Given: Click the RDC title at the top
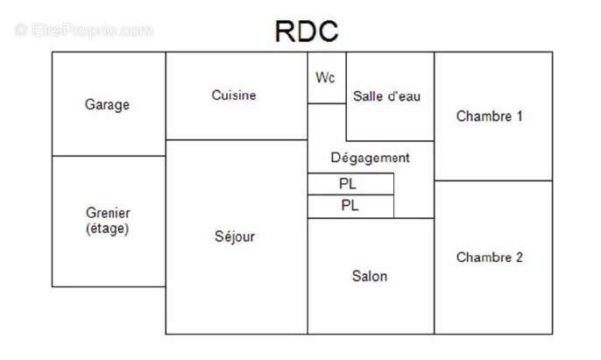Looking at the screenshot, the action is pyautogui.click(x=307, y=31).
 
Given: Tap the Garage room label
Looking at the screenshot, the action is pyautogui.click(x=107, y=104).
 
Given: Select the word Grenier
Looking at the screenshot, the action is pyautogui.click(x=108, y=213).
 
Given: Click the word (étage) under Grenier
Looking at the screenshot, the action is pyautogui.click(x=107, y=229).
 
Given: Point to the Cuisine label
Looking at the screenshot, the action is pyautogui.click(x=234, y=95).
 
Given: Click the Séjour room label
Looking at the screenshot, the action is pyautogui.click(x=235, y=236).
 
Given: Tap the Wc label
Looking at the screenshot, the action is pyautogui.click(x=325, y=77).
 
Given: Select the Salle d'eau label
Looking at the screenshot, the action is pyautogui.click(x=386, y=96).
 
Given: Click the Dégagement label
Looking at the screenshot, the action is pyautogui.click(x=370, y=158).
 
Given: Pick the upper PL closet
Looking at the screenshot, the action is pyautogui.click(x=350, y=184).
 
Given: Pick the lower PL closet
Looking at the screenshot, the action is pyautogui.click(x=350, y=206).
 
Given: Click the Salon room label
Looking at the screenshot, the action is pyautogui.click(x=370, y=276).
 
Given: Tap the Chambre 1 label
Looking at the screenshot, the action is pyautogui.click(x=489, y=116).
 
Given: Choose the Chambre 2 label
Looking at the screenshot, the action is pyautogui.click(x=490, y=258).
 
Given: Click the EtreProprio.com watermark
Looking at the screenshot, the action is pyautogui.click(x=84, y=30).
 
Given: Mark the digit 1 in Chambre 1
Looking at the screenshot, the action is pyautogui.click(x=520, y=116).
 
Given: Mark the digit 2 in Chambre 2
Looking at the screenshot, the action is pyautogui.click(x=519, y=258).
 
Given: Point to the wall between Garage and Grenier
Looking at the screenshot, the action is pyautogui.click(x=109, y=156).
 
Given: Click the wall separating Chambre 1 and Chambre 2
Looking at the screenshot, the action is pyautogui.click(x=493, y=180).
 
